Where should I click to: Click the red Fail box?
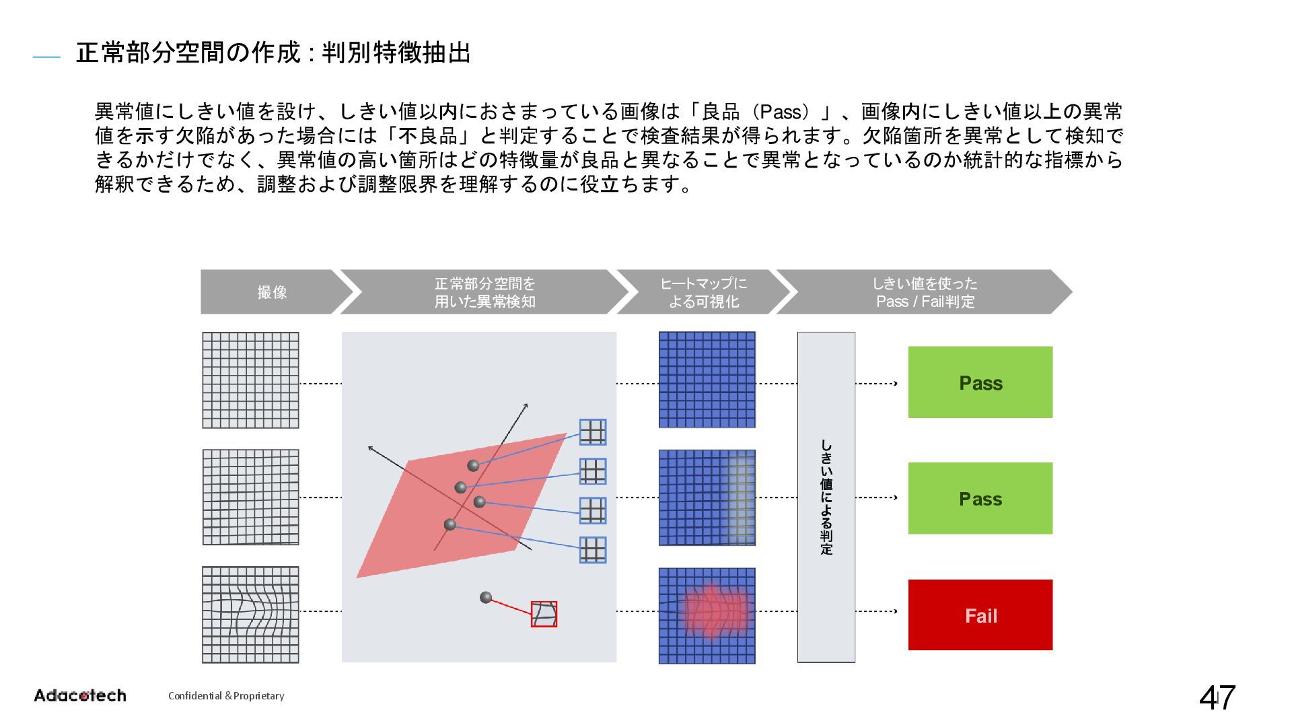[x=980, y=615]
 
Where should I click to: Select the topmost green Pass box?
[x=980, y=382]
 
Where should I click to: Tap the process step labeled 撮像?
[x=272, y=292]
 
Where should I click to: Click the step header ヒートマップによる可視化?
[x=703, y=292]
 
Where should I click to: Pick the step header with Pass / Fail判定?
[x=925, y=292]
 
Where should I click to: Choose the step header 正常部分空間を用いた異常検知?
[x=485, y=292]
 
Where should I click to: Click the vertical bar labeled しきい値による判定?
[x=826, y=497]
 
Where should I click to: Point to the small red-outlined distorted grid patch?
[x=544, y=614]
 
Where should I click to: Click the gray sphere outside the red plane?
[x=486, y=597]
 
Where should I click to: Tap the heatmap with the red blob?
[x=707, y=615]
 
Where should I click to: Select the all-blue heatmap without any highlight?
[x=707, y=380]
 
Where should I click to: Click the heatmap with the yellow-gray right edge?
[x=707, y=497]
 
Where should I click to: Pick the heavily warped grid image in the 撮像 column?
[x=250, y=615]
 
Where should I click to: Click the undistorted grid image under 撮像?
[x=250, y=380]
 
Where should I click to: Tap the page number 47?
[x=1217, y=698]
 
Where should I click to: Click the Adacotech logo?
[x=80, y=695]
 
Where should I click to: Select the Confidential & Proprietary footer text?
[x=226, y=696]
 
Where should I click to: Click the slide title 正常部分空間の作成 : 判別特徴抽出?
[x=273, y=53]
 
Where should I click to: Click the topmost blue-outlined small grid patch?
[x=592, y=432]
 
